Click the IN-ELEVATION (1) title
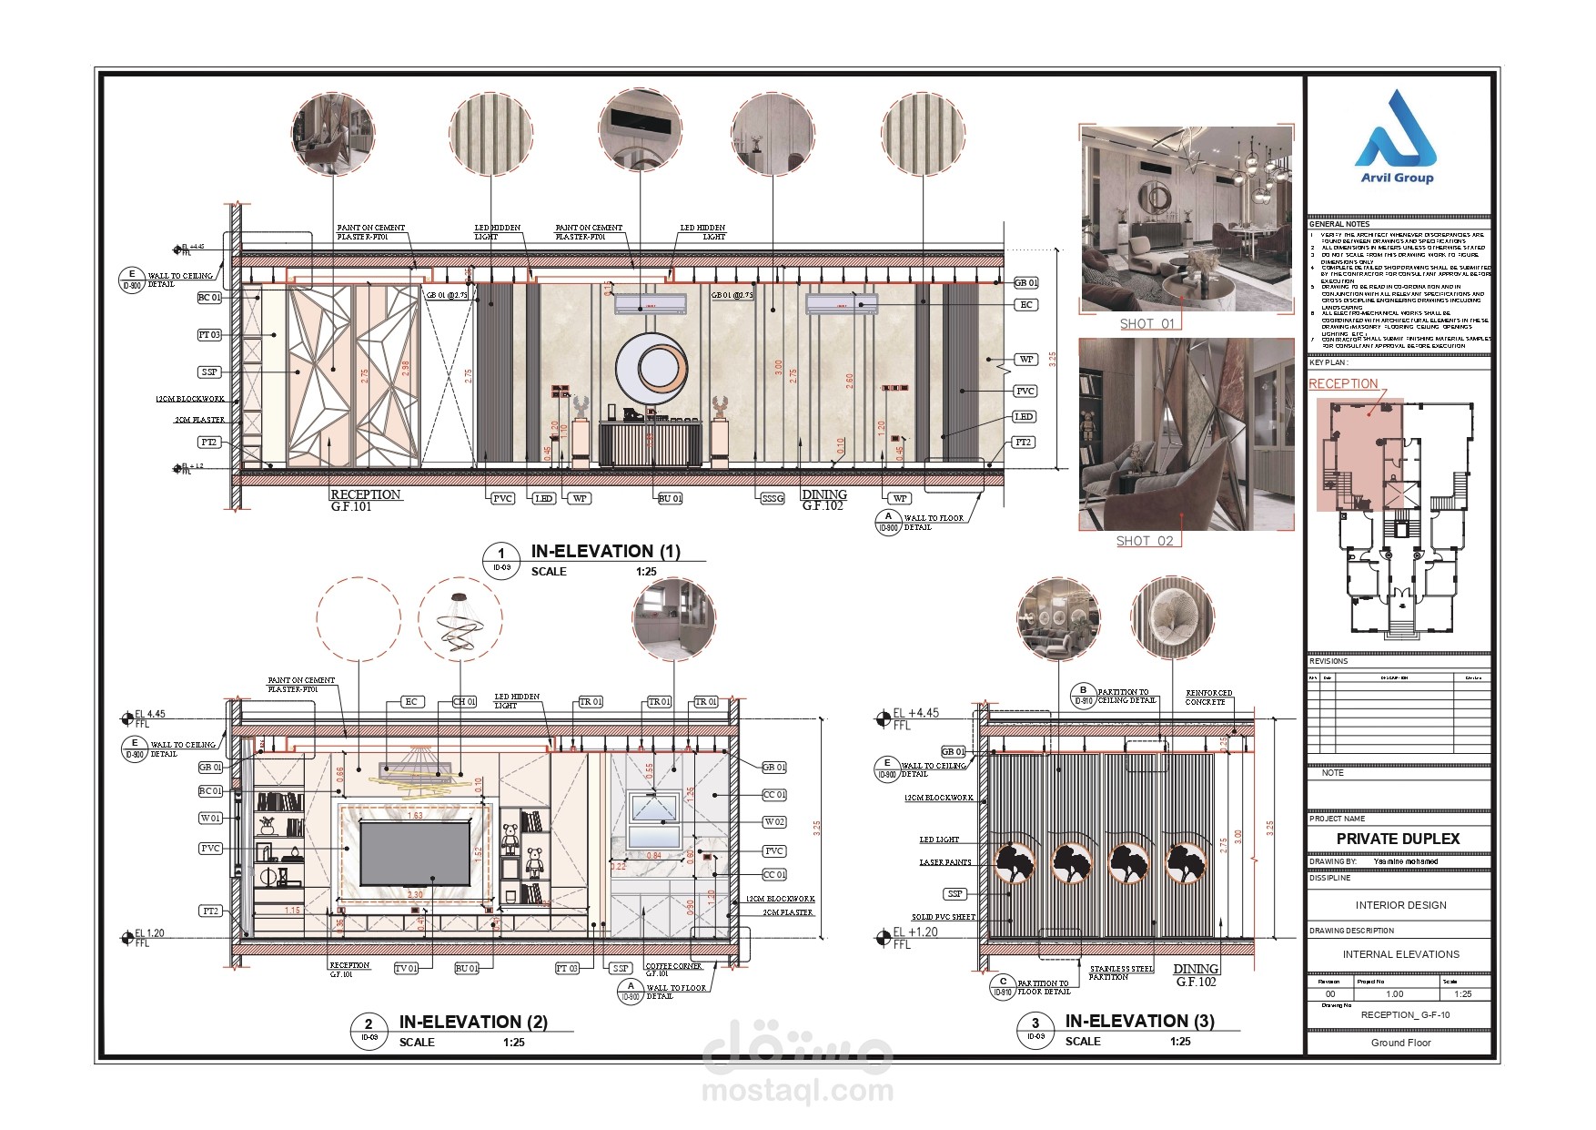pos(605,551)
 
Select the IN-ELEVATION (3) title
pos(1139,1021)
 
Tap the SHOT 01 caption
pos(1146,323)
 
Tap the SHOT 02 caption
pos(1145,541)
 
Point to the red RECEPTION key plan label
pos(1343,383)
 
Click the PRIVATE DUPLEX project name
pos(1398,839)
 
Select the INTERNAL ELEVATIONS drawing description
pos(1400,954)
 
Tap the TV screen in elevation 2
pos(415,850)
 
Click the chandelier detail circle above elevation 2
pos(460,620)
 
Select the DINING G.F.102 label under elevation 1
pos(824,500)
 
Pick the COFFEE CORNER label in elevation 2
pos(673,966)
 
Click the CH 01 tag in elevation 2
pos(464,702)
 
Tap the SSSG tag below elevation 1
pos(772,498)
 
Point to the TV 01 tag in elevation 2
pos(406,968)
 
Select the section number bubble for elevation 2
pos(369,1029)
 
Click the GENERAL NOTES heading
pos(1338,224)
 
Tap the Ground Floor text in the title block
pos(1400,1043)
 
